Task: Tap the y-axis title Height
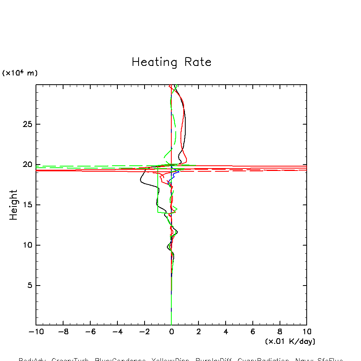click(14, 205)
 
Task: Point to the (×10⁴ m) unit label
click(20, 73)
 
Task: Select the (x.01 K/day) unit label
click(290, 341)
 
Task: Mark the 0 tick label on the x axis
click(171, 332)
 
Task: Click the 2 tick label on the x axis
click(198, 332)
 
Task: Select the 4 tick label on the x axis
click(226, 332)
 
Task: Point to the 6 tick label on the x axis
click(253, 332)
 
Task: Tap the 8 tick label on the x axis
click(280, 332)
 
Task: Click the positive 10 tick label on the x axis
click(307, 332)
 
